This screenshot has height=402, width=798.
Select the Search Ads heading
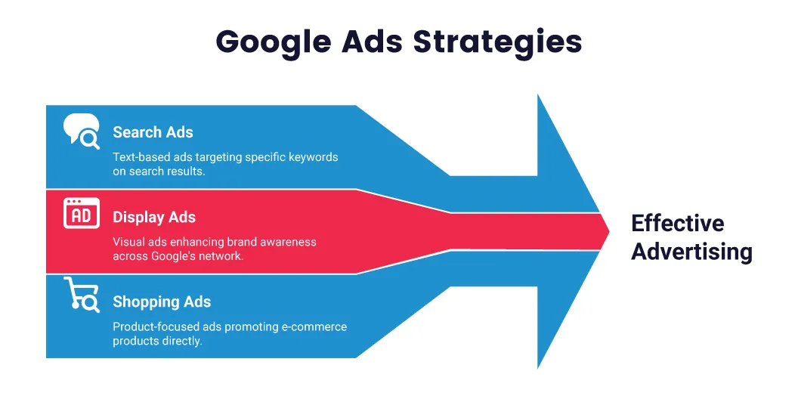click(153, 132)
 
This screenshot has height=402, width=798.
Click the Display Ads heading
click(154, 218)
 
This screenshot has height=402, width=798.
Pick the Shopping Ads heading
click(162, 302)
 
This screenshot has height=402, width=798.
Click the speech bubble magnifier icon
click(81, 131)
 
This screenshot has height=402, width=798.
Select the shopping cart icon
click(81, 295)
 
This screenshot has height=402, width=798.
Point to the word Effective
click(677, 224)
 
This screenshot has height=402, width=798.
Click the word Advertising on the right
click(691, 252)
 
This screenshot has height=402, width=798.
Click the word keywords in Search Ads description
click(313, 157)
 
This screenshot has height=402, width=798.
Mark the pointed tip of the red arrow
click(608, 231)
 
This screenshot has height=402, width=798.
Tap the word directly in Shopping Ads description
click(181, 341)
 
